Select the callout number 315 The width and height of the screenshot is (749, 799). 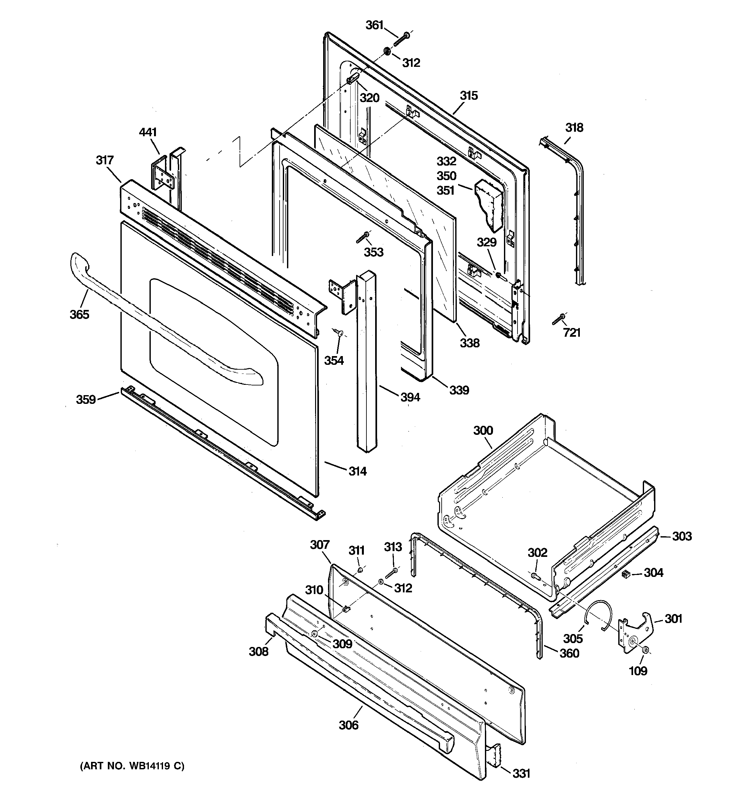click(x=469, y=96)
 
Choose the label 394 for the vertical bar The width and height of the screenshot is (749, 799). click(x=410, y=397)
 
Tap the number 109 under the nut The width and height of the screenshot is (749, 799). click(x=638, y=671)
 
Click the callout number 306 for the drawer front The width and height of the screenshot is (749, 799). click(x=348, y=725)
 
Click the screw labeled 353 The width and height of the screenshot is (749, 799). click(x=364, y=237)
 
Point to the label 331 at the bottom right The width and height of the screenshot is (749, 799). click(x=521, y=773)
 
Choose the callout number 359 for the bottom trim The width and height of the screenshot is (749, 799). click(x=86, y=400)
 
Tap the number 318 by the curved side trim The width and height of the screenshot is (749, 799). click(x=574, y=128)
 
